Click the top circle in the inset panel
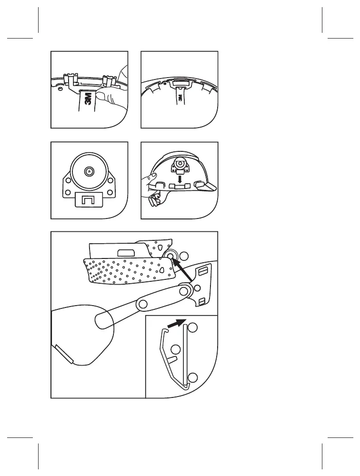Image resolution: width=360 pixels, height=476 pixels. [193, 328]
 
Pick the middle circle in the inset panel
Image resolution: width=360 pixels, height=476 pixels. [175, 350]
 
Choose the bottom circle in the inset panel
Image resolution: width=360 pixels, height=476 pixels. [193, 378]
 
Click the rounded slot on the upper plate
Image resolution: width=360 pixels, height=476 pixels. [126, 252]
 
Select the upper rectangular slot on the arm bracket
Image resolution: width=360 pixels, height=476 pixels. [202, 270]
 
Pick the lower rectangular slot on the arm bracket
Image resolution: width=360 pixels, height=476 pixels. [202, 301]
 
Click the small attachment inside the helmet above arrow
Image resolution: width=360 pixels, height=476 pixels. [180, 164]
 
